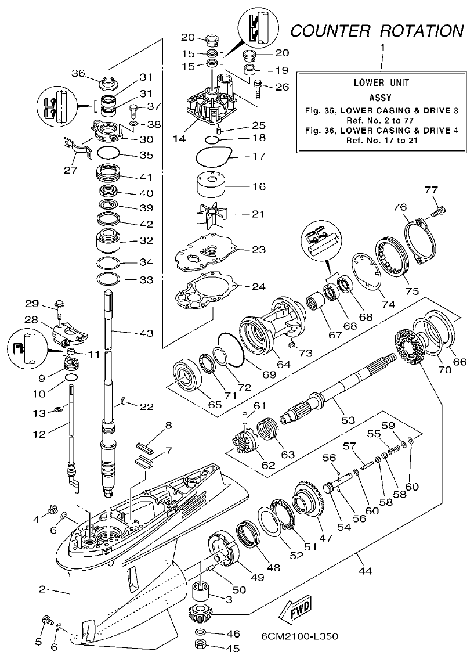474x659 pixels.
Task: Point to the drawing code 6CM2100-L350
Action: [x=299, y=636]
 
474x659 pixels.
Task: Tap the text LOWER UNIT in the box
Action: [x=381, y=82]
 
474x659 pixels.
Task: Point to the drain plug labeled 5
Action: [x=46, y=624]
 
